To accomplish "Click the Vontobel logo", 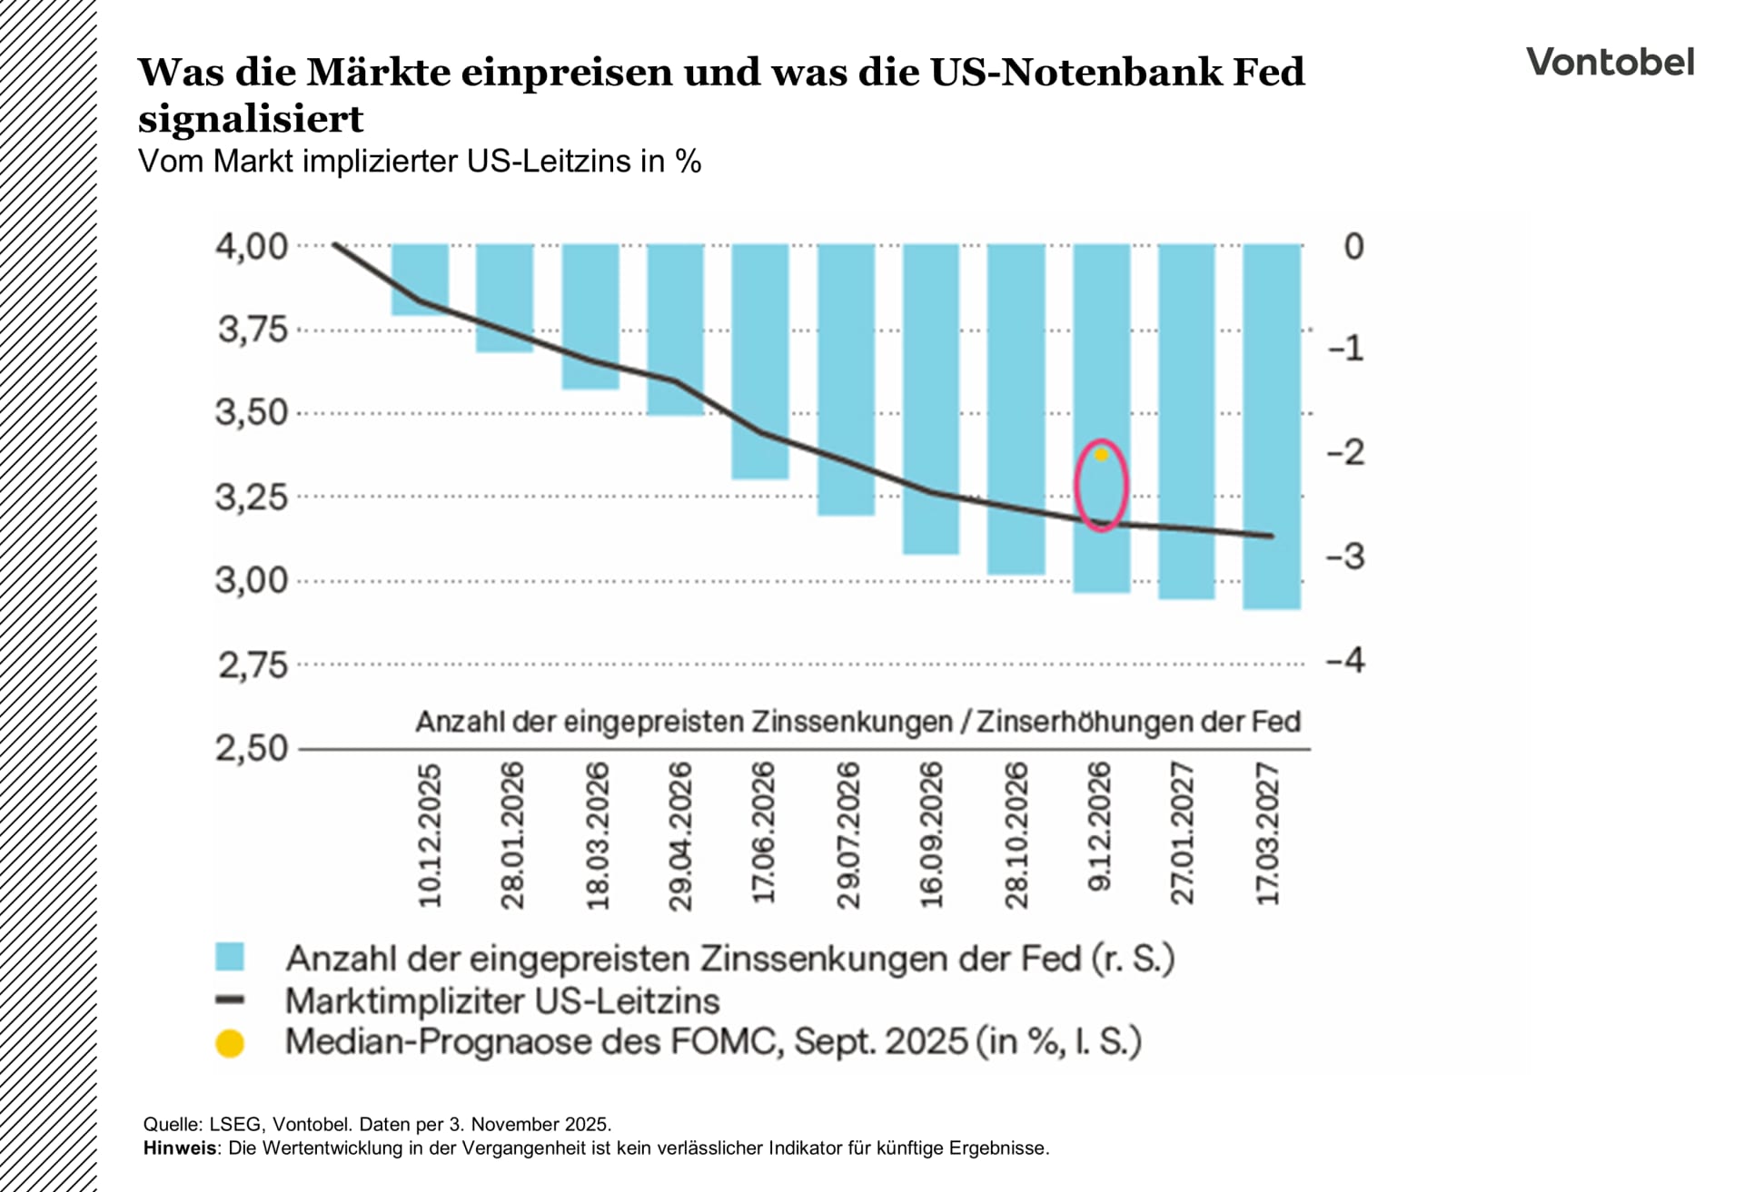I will pos(1610,62).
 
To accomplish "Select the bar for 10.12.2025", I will pos(420,279).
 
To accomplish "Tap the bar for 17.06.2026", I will pos(760,360).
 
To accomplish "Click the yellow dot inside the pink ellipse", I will pos(1102,455).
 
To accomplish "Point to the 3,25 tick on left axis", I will pos(251,497).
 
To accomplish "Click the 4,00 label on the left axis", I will pos(251,246).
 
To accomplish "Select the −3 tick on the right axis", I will pos(1346,557).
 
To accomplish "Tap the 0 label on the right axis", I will pos(1353,246).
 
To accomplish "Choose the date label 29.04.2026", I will pos(680,835).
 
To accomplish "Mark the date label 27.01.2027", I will pos(1183,833).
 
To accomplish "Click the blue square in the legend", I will pos(230,957).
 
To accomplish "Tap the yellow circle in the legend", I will pos(230,1043).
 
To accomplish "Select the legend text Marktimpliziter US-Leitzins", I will pos(501,1001).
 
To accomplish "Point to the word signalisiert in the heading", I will pos(251,119).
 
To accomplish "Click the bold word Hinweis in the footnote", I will pos(180,1148).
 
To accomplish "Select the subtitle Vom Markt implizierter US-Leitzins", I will pos(419,162).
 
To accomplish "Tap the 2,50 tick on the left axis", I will pos(251,748).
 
